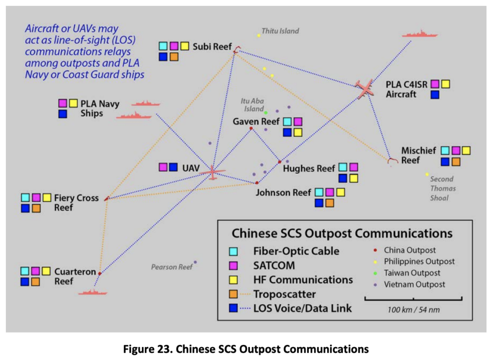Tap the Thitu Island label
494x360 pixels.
click(280, 31)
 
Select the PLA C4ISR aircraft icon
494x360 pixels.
click(366, 89)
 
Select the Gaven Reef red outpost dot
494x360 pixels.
click(251, 128)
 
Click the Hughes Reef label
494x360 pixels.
click(309, 168)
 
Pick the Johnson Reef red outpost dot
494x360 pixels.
click(257, 183)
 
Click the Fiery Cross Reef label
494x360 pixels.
click(76, 203)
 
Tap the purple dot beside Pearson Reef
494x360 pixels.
click(195, 262)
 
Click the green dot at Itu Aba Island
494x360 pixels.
click(266, 112)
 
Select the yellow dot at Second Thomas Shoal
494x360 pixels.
click(427, 174)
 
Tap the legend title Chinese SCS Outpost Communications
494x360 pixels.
click(342, 234)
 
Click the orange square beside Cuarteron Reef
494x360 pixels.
click(36, 282)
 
